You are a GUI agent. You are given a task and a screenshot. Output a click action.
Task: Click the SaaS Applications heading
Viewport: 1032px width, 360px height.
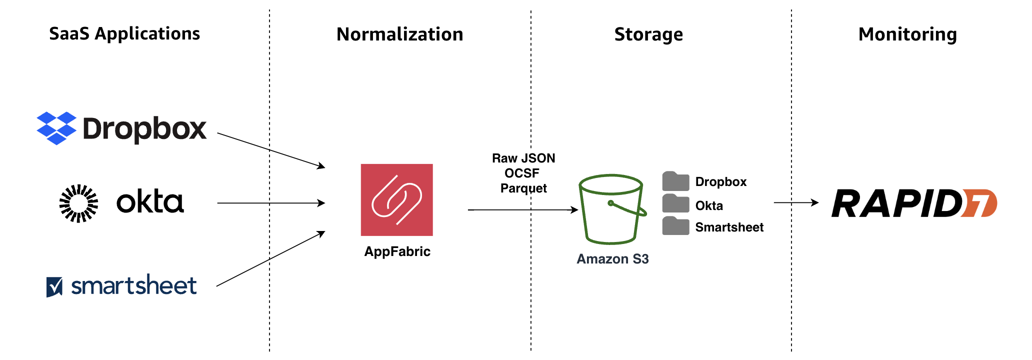(124, 34)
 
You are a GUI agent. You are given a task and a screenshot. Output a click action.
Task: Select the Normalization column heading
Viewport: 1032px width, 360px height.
(399, 34)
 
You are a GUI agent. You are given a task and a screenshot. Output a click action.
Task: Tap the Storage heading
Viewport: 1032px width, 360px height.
(648, 34)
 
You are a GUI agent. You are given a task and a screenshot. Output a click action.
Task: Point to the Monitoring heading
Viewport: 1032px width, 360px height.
(907, 34)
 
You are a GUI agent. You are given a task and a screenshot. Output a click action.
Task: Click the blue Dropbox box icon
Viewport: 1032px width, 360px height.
(56, 128)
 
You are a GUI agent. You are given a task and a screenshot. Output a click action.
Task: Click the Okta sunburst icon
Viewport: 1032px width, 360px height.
(78, 203)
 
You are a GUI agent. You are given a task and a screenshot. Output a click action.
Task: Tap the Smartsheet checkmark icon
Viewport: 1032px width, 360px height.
(54, 287)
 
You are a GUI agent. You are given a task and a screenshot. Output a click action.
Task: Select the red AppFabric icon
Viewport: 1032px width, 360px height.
(396, 199)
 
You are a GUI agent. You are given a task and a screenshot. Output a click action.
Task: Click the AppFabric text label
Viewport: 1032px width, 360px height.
(397, 251)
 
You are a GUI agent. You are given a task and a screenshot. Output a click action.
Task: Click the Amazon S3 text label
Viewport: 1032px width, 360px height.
(612, 259)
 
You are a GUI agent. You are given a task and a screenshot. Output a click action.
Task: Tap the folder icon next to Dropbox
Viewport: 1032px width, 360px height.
(675, 181)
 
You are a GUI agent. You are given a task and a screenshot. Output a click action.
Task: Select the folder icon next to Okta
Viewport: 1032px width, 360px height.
(675, 204)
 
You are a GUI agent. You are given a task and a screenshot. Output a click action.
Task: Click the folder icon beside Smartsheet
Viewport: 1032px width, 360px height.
(675, 226)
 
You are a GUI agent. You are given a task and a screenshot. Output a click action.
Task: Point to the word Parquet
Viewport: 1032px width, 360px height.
(523, 188)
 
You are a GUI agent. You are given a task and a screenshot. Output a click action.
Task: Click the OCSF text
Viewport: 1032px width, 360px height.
(522, 173)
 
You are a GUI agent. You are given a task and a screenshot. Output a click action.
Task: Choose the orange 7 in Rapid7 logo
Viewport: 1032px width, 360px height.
(979, 203)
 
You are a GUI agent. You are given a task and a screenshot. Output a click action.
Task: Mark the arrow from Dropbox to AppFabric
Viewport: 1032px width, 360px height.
(271, 150)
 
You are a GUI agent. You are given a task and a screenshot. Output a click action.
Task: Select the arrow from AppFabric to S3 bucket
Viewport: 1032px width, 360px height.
(522, 210)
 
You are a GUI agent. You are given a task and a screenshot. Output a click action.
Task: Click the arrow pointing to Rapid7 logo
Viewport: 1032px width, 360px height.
(796, 202)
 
